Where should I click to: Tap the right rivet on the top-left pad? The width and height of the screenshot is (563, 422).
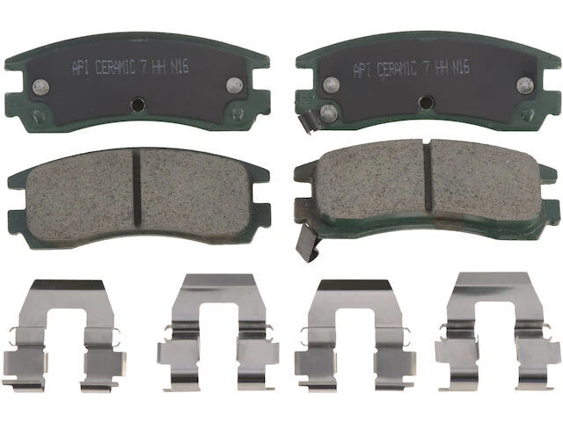coord(234,84)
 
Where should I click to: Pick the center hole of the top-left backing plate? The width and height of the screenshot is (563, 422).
coord(136,104)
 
